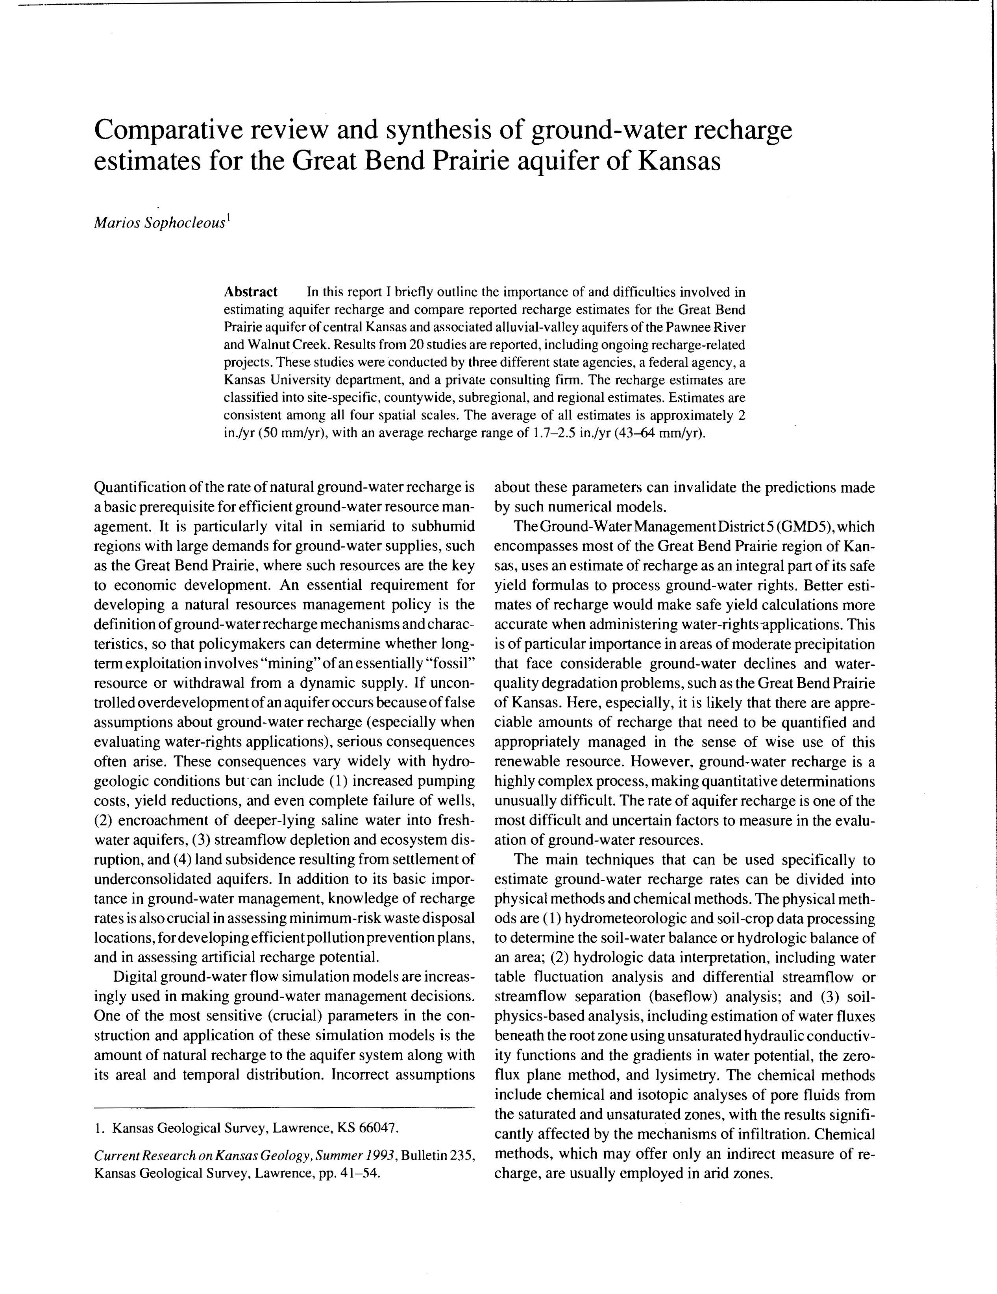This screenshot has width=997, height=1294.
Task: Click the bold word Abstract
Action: [x=250, y=292]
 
